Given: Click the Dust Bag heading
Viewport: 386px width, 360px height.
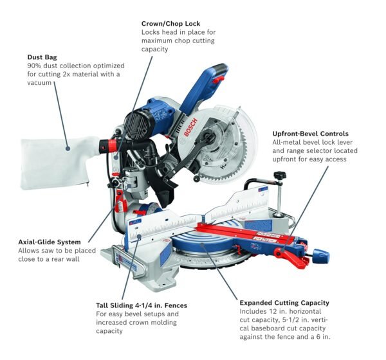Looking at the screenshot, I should click(x=42, y=57).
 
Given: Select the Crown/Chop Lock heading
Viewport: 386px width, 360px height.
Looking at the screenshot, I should click(x=170, y=24).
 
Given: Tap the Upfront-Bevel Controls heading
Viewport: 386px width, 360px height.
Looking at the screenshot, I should click(x=310, y=133).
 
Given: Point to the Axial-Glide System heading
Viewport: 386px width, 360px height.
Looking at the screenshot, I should click(x=53, y=242).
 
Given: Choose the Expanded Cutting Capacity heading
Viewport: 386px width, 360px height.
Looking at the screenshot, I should click(x=284, y=302).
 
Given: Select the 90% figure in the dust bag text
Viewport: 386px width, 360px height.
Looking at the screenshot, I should click(x=36, y=66).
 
